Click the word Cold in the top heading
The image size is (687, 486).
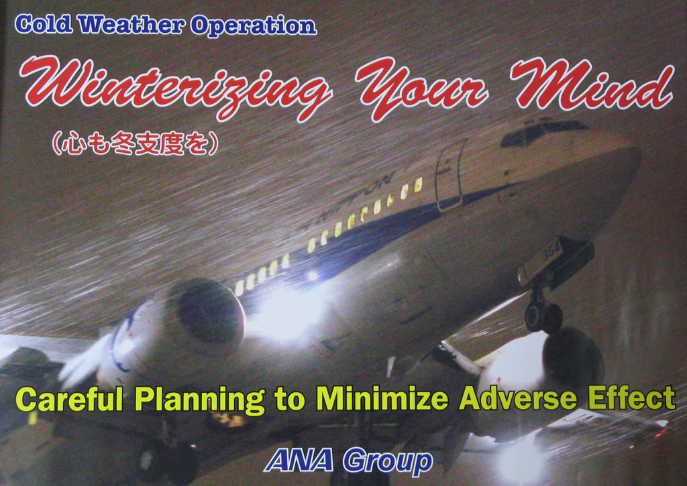pyautogui.click(x=44, y=25)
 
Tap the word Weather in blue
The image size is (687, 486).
pyautogui.click(x=131, y=25)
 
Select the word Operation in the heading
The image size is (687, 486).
pyautogui.click(x=253, y=27)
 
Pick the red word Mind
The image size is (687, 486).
pyautogui.click(x=592, y=85)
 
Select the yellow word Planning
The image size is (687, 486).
pyautogui.click(x=200, y=400)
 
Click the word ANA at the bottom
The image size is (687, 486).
pyautogui.click(x=299, y=460)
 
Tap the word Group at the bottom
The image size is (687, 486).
pyautogui.click(x=388, y=461)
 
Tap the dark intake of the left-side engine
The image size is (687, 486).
pyautogui.click(x=209, y=312)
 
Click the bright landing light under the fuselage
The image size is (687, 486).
pyautogui.click(x=284, y=311)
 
